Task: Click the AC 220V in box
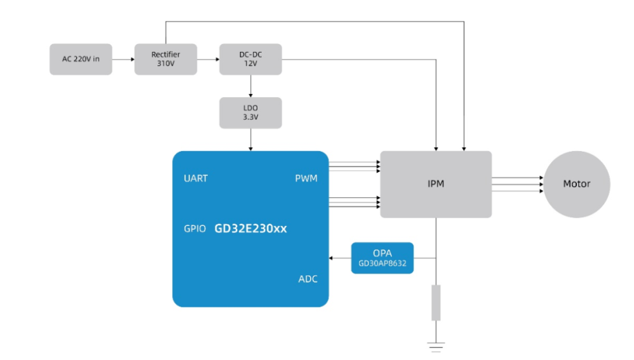[81, 60]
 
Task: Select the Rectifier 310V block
[165, 60]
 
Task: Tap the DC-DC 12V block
[250, 60]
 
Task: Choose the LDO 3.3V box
[250, 112]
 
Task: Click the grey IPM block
[436, 184]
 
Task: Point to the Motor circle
[576, 184]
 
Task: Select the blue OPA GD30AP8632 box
[382, 258]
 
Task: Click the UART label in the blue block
[196, 178]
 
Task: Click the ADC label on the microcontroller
[307, 279]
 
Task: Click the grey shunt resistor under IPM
[436, 303]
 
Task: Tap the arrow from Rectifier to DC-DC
[208, 60]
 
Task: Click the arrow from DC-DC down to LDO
[250, 86]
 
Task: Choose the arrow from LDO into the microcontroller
[250, 139]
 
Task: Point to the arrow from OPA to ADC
[340, 258]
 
